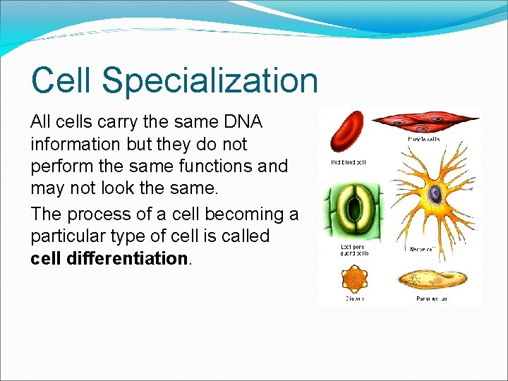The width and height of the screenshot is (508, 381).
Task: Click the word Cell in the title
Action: (x=61, y=80)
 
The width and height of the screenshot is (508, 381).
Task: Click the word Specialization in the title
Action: (x=210, y=80)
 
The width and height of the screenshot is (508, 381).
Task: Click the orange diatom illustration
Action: (x=353, y=279)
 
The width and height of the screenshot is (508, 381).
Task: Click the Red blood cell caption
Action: (x=349, y=162)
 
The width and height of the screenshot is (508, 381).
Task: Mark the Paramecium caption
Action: (x=432, y=298)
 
